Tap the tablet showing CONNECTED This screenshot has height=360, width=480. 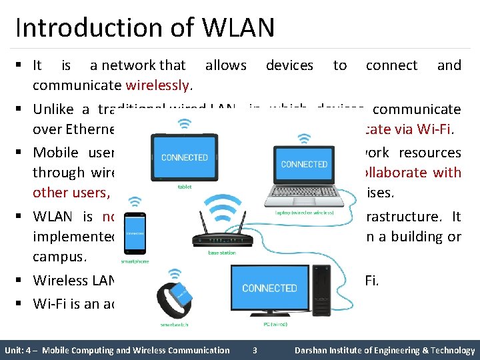point(184,158)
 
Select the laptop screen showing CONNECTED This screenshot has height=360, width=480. point(304,164)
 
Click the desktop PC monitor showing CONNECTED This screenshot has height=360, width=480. point(269,288)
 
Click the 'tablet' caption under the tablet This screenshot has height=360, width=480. point(184,187)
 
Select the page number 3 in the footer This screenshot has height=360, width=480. point(254,350)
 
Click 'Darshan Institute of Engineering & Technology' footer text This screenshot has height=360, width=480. point(385,350)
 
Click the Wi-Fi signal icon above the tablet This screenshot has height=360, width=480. point(184,124)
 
